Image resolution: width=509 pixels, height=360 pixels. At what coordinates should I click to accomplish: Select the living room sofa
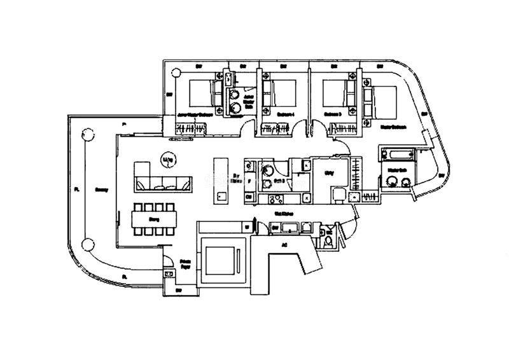(x=162, y=177)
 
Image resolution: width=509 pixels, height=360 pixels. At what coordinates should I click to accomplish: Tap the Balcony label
(x=101, y=189)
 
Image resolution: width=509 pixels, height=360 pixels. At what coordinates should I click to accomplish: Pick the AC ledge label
(x=284, y=244)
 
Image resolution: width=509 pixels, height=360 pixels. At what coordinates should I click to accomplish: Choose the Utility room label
(x=330, y=172)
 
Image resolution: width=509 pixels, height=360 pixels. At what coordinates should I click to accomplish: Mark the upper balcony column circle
(x=85, y=135)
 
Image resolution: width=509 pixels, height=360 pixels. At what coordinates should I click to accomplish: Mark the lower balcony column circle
(x=87, y=244)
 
